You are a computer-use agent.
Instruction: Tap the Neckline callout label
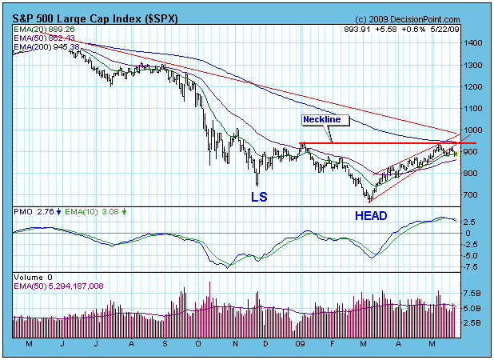(x=321, y=119)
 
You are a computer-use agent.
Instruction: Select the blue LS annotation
(x=259, y=197)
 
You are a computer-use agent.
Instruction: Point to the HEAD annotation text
(x=371, y=216)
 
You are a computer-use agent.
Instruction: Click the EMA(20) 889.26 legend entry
(x=44, y=30)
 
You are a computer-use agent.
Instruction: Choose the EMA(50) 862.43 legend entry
(x=44, y=38)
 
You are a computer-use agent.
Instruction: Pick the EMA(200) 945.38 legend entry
(x=46, y=47)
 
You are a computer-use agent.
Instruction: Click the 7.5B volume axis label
(x=472, y=294)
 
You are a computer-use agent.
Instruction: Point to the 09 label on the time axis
(x=301, y=344)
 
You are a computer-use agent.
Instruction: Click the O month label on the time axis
(x=198, y=344)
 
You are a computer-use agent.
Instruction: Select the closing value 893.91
(x=357, y=30)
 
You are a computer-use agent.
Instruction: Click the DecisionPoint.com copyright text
(x=408, y=19)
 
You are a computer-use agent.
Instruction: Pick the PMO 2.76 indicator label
(x=34, y=212)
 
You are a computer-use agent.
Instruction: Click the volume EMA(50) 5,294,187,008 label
(x=58, y=286)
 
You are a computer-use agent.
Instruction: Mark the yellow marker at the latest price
(x=456, y=154)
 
